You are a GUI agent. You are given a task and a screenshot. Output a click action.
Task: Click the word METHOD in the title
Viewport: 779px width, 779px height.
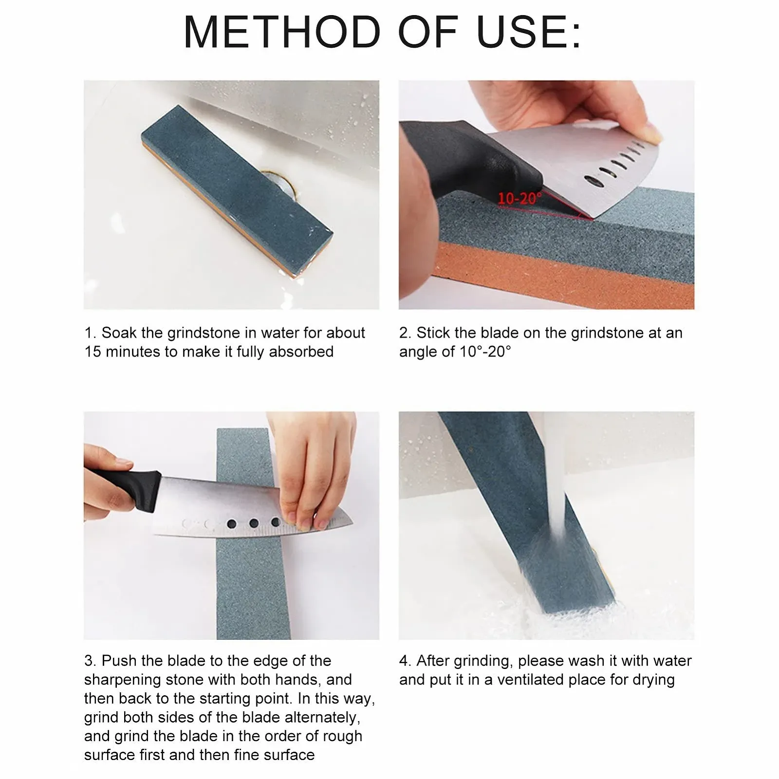282,32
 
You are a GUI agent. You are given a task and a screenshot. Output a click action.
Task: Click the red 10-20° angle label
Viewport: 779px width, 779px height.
519,199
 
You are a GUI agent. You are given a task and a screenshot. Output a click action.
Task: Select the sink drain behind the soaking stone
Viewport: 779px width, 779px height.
278,184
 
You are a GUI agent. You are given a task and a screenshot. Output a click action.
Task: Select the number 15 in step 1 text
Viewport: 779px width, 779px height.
93,352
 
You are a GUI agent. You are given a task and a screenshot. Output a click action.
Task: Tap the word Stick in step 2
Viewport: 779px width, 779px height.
432,333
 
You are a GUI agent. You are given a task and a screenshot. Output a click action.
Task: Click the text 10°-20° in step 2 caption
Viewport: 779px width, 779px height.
485,352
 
